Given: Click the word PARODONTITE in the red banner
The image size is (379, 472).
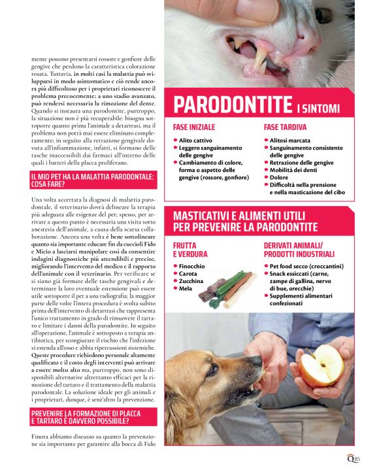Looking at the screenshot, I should [233, 105].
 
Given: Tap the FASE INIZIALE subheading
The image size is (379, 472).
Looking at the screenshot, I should [194, 126].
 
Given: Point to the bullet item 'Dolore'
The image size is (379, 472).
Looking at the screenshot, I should [278, 177].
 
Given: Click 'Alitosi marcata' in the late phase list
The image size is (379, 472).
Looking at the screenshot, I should [292, 141].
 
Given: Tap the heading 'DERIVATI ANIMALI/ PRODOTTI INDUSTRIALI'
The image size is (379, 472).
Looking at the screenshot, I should [304, 249].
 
